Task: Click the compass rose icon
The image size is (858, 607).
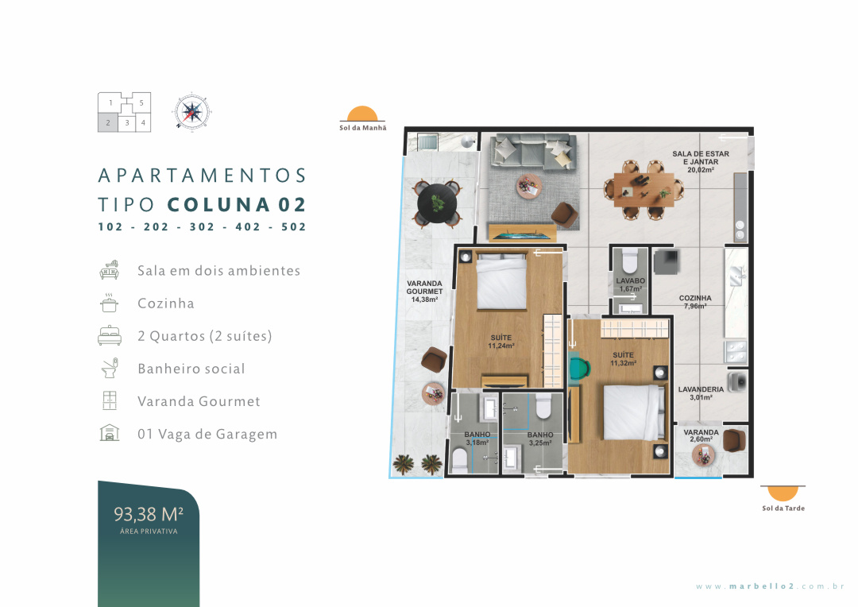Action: [192, 112]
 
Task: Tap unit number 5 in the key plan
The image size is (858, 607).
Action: [141, 103]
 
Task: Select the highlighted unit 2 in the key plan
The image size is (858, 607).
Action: [108, 122]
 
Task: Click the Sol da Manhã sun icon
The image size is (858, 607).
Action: [362, 114]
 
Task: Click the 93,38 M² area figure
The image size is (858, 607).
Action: [149, 515]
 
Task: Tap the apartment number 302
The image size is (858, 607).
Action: [202, 226]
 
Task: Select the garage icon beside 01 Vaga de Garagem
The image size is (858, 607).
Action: [110, 432]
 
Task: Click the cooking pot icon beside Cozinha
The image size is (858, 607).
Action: [110, 303]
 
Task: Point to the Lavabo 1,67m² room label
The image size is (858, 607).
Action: [630, 284]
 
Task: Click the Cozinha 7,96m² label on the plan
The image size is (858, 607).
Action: [695, 302]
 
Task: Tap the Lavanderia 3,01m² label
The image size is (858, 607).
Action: [701, 393]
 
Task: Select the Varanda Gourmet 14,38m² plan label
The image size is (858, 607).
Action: [424, 291]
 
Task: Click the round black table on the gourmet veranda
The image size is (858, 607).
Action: [437, 203]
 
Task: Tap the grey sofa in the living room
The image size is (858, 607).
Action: [534, 152]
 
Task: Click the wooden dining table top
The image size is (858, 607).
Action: [643, 190]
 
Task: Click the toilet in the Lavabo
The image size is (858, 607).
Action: [630, 261]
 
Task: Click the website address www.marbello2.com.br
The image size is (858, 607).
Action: [770, 586]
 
